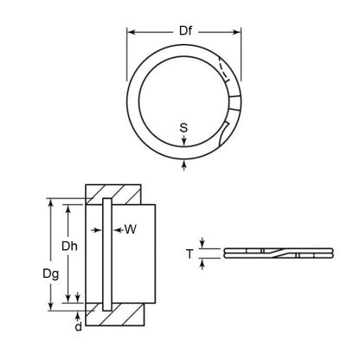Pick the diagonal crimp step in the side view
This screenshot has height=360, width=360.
click(x=266, y=253)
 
